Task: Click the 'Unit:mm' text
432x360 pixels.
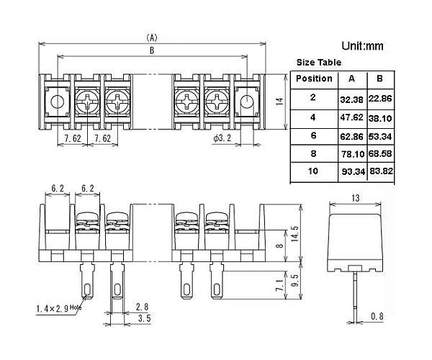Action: tap(364, 46)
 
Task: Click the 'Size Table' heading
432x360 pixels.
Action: tap(320, 63)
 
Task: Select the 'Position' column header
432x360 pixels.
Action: tap(314, 78)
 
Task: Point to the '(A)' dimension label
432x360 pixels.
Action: tap(151, 37)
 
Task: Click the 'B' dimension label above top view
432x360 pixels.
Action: tap(151, 50)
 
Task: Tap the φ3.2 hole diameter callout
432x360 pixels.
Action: tap(224, 138)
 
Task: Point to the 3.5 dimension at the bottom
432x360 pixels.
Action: tap(143, 318)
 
